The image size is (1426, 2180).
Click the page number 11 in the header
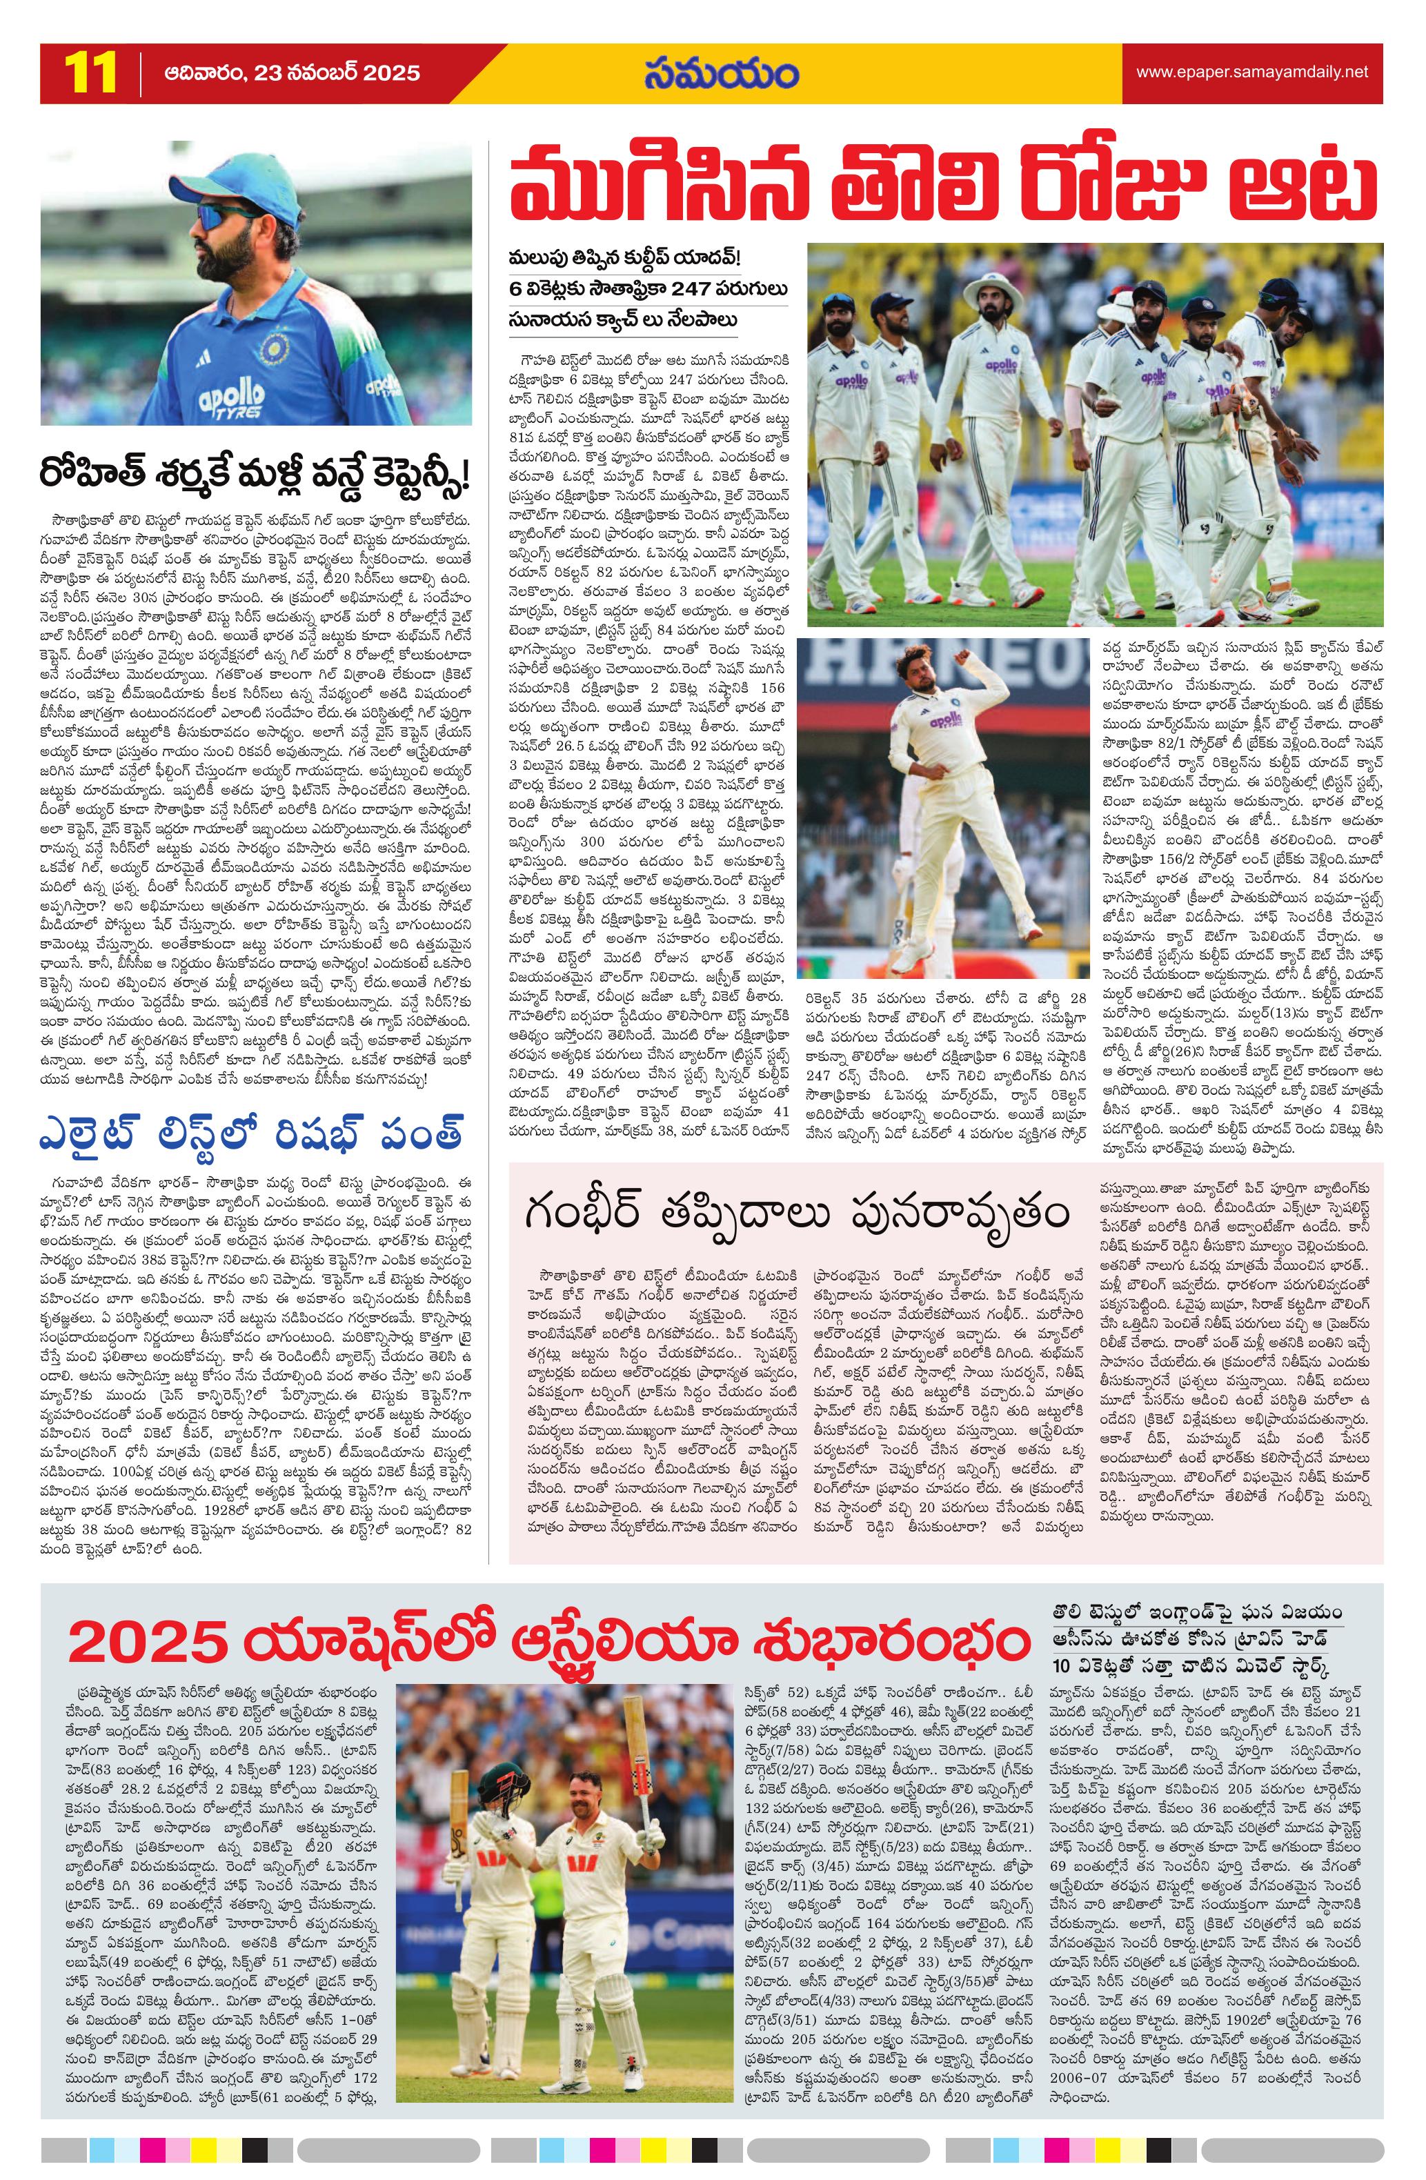tap(90, 73)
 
